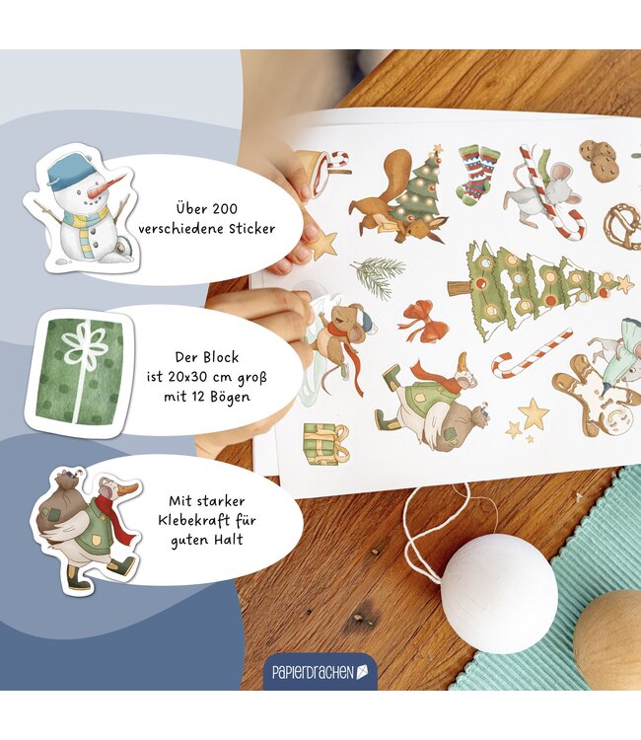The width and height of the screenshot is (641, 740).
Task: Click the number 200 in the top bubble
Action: click(x=232, y=209)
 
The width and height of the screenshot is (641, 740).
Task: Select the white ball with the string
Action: click(x=497, y=592)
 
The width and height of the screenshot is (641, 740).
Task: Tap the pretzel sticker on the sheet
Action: click(x=622, y=226)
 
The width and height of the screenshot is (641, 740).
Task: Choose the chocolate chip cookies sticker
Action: click(x=600, y=161)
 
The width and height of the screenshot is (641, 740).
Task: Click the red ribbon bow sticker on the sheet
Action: click(x=423, y=320)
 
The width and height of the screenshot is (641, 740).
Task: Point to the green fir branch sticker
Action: click(x=379, y=275)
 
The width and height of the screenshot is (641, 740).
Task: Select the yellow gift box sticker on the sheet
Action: click(x=324, y=443)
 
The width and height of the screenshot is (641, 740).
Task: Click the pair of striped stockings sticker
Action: click(x=478, y=174)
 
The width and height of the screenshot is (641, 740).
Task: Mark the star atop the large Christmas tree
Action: click(x=624, y=283)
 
